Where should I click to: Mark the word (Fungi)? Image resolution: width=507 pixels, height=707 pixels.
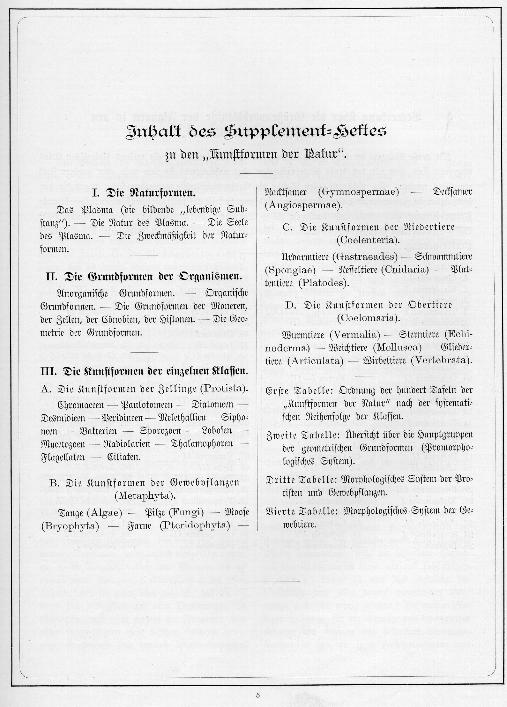coord(186,512)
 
